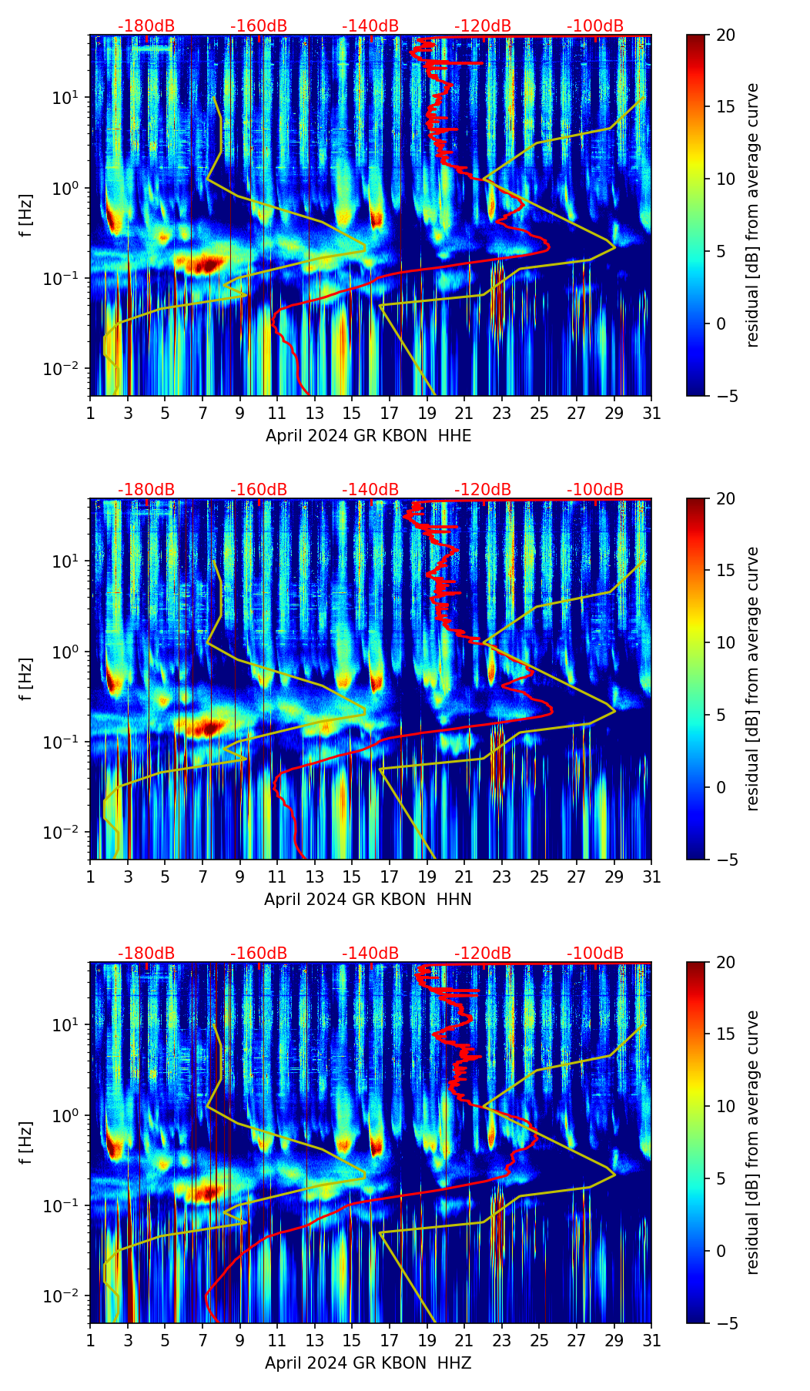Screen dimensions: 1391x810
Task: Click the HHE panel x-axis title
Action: pyautogui.click(x=368, y=436)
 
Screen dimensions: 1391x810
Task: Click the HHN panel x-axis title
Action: pyautogui.click(x=368, y=900)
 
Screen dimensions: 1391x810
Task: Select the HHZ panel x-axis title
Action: pyautogui.click(x=368, y=1363)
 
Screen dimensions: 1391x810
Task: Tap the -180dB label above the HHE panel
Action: pyautogui.click(x=146, y=26)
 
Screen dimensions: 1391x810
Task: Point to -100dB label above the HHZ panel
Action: pyautogui.click(x=595, y=954)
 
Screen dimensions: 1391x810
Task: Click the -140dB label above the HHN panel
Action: pyautogui.click(x=370, y=490)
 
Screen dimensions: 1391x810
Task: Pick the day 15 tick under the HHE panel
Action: pyautogui.click(x=352, y=414)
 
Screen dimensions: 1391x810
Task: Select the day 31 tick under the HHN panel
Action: pyautogui.click(x=651, y=877)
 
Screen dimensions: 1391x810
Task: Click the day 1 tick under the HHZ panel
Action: pyautogui.click(x=90, y=1341)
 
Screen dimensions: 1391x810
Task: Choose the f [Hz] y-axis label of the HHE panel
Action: pyautogui.click(x=28, y=216)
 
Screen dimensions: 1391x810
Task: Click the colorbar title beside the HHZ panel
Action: pyautogui.click(x=752, y=1142)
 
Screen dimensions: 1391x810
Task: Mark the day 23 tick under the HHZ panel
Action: pyautogui.click(x=502, y=1341)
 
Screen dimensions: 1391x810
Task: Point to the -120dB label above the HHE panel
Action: pyautogui.click(x=483, y=26)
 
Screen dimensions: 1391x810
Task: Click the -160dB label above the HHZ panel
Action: pyautogui.click(x=259, y=954)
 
